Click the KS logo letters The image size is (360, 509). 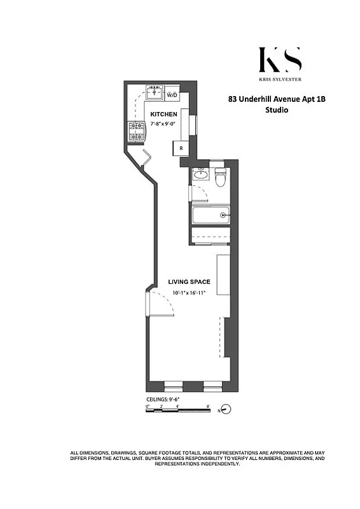(x=280, y=60)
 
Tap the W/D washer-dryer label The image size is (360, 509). (x=172, y=95)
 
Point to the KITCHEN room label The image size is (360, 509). (x=163, y=114)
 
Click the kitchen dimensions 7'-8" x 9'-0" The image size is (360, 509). (x=163, y=123)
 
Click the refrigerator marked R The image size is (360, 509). (x=181, y=148)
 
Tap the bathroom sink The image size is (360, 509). (x=200, y=174)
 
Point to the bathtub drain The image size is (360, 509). (x=223, y=215)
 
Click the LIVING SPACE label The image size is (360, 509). (x=189, y=281)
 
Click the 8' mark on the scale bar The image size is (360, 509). (x=208, y=405)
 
